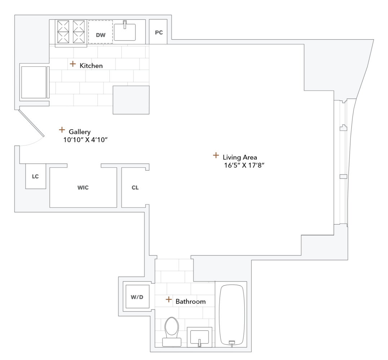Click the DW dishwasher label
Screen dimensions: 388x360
(x=101, y=35)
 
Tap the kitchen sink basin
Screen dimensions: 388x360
(x=125, y=32)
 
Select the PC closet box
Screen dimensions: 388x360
(x=159, y=32)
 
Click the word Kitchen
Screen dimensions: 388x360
(x=91, y=66)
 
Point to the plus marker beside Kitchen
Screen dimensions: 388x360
(x=73, y=64)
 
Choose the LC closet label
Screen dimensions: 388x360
(x=35, y=176)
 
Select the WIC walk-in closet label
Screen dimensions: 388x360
(x=83, y=188)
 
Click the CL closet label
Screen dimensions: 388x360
(x=135, y=188)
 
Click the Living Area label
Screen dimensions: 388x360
(x=240, y=157)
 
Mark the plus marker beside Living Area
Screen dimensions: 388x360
(x=216, y=155)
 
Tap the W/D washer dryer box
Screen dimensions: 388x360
(x=137, y=297)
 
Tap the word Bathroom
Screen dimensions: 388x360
(x=191, y=302)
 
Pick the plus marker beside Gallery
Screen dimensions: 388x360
(x=62, y=130)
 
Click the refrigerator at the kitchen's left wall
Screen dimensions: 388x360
(x=34, y=82)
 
